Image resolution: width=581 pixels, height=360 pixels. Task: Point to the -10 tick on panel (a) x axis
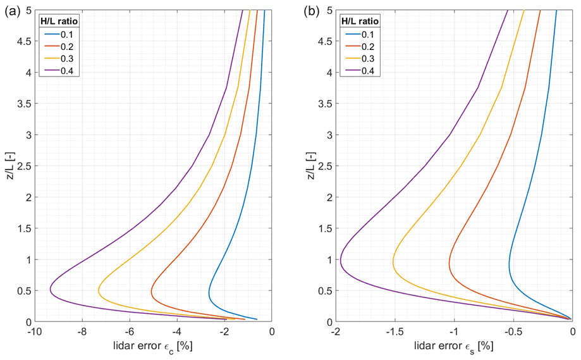coord(34,330)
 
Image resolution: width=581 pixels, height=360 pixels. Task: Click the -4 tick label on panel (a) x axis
coord(177,330)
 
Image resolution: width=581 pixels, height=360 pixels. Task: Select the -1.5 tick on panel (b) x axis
coord(394,330)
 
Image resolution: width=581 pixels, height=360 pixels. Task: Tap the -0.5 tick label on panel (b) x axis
coord(513,330)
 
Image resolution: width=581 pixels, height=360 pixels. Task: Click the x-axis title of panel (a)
coord(153,346)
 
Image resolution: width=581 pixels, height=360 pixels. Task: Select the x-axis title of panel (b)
coord(453,346)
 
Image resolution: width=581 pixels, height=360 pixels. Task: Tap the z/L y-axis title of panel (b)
coord(311,166)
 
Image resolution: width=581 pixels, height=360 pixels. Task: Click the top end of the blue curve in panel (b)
coord(556,11)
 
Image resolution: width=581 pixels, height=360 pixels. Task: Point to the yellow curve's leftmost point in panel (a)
coord(98,290)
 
